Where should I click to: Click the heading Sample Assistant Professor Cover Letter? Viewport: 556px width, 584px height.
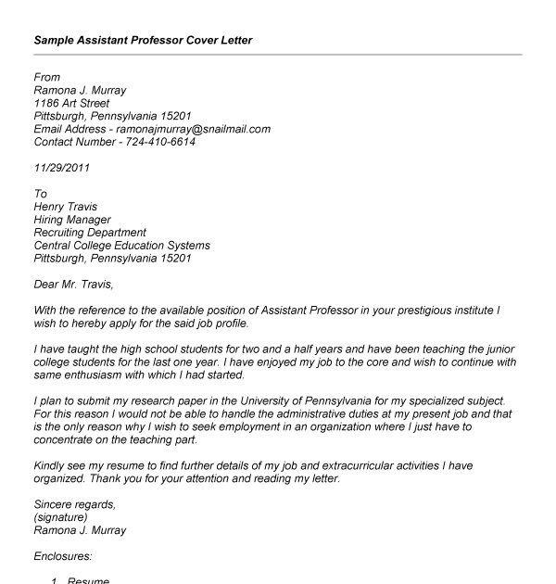143,41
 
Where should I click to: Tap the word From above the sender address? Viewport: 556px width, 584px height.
47,78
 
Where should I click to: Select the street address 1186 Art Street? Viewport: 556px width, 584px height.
77,104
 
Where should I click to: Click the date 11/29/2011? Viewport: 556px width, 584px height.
62,169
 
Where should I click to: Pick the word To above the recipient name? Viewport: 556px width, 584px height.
41,195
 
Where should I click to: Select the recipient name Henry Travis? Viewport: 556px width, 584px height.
66,207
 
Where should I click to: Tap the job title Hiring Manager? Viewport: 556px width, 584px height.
72,220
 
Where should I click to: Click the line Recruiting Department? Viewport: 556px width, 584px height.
91,233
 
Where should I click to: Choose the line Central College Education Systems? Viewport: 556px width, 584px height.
122,246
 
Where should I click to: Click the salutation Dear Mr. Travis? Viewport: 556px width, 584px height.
79,285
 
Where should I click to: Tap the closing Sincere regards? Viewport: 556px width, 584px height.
75,505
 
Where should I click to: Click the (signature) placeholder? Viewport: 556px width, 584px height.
61,518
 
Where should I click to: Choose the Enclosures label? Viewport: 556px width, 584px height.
64,557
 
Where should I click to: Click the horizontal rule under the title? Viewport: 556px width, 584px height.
278,55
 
